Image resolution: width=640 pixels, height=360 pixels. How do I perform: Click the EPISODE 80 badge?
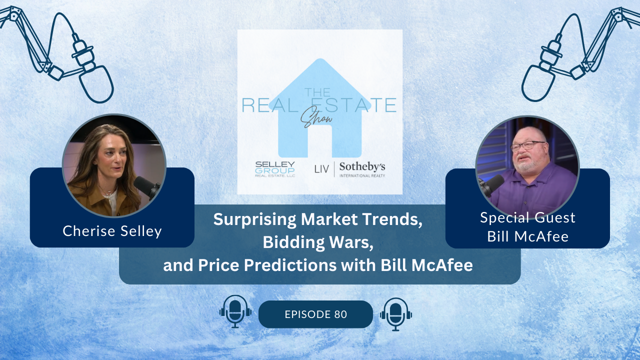(315, 314)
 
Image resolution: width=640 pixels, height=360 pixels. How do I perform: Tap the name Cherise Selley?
(112, 231)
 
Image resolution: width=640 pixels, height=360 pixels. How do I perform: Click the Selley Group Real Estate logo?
(275, 169)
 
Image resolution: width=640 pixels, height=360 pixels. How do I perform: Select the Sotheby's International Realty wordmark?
(362, 169)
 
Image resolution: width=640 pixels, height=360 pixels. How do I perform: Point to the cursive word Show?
(316, 117)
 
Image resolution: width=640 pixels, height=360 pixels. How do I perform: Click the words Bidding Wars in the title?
(318, 242)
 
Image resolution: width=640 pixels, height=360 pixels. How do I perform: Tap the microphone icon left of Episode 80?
(235, 311)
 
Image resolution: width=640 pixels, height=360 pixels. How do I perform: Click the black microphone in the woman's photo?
(146, 186)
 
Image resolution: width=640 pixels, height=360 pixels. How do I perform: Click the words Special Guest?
(527, 217)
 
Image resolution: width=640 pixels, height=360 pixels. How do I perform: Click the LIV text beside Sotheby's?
(321, 169)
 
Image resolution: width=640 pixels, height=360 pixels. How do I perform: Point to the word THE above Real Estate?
(317, 92)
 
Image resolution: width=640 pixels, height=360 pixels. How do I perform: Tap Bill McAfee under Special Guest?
(527, 236)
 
